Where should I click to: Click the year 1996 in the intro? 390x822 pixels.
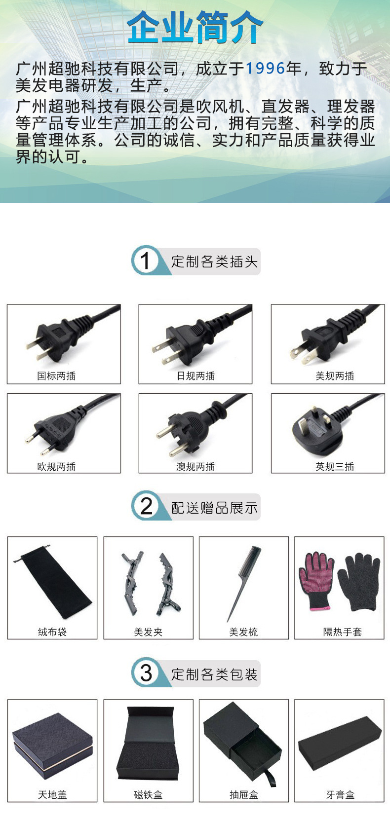pos(266,69)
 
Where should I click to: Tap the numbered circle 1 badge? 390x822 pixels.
pos(145,261)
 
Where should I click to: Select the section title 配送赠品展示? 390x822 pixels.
pos(214,508)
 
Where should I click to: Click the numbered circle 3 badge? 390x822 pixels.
pos(146,673)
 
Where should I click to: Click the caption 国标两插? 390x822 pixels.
pos(56,376)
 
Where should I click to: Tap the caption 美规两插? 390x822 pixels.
pos(335,376)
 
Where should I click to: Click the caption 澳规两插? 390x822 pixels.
pos(195,467)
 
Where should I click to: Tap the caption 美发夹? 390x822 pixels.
pos(148,632)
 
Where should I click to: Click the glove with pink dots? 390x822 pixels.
pos(316,580)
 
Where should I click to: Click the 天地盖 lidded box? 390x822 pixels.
pos(52,745)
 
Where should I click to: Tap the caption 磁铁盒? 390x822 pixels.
pos(148,795)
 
